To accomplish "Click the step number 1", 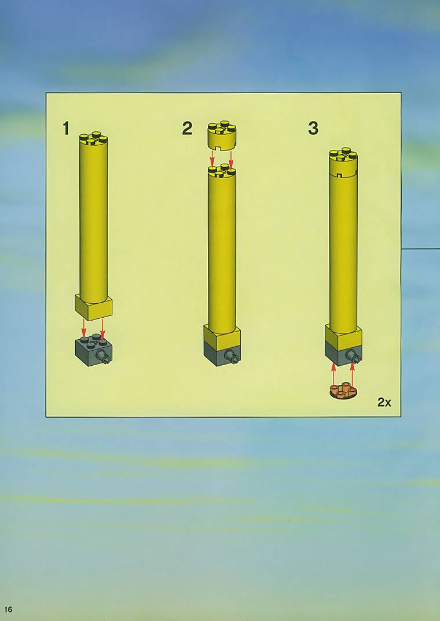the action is tap(66, 128).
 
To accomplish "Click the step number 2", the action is tap(188, 128).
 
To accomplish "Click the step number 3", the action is tap(313, 128).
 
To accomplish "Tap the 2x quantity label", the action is tap(384, 402).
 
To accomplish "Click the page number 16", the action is tap(8, 609).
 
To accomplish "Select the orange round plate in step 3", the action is tap(343, 391).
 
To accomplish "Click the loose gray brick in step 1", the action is tap(93, 350).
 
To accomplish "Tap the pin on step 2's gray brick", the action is tap(233, 357).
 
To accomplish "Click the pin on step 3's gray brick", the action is tap(354, 356).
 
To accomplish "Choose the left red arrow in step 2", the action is tap(212, 159).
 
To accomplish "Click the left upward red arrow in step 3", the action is tap(333, 374).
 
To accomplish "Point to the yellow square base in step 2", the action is tap(222, 337).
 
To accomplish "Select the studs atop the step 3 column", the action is tap(343, 154).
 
